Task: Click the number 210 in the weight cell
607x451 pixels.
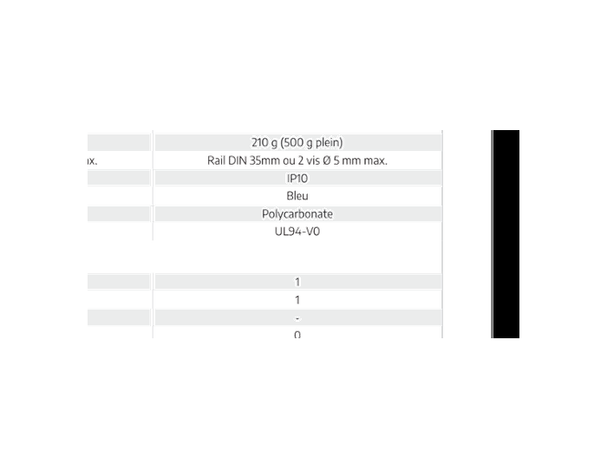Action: click(x=259, y=142)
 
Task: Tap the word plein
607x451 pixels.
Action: click(x=327, y=143)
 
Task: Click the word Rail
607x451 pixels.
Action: click(x=216, y=160)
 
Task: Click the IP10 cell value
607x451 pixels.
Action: click(x=297, y=179)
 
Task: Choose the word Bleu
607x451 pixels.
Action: click(x=297, y=196)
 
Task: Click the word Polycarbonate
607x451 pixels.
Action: click(x=297, y=214)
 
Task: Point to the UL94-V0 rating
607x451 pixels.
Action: click(x=297, y=232)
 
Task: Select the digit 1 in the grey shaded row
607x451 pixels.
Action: click(x=297, y=282)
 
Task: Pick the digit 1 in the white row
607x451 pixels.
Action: click(x=297, y=300)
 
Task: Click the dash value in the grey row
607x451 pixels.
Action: click(x=297, y=318)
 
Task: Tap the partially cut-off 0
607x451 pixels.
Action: click(x=297, y=335)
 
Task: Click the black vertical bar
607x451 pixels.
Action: click(x=506, y=234)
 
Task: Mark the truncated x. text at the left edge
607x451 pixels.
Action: click(x=92, y=161)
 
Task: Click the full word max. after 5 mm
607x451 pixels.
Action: click(x=375, y=161)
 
